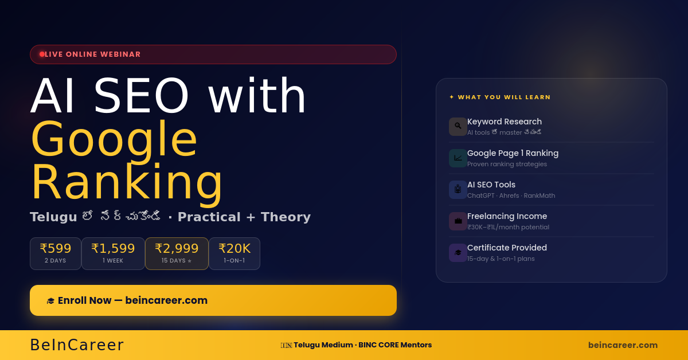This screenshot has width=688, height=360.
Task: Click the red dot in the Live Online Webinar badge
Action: click(x=42, y=54)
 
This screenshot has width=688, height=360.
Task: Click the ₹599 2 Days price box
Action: click(x=56, y=253)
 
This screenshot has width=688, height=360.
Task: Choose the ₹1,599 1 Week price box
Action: click(x=113, y=253)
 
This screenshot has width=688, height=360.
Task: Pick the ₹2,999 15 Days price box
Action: click(x=177, y=253)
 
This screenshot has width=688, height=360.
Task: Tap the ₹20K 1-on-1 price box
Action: click(x=234, y=253)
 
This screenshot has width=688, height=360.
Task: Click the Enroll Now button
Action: click(x=213, y=300)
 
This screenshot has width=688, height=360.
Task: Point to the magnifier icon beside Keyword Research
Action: click(x=458, y=126)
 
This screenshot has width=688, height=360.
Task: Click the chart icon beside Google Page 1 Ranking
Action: click(x=458, y=158)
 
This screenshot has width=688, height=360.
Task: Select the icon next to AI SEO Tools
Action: click(x=458, y=189)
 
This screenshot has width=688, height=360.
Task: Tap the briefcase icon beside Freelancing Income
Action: click(x=458, y=221)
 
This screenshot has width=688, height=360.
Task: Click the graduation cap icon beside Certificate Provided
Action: click(x=458, y=252)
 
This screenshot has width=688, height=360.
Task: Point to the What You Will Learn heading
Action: click(x=504, y=97)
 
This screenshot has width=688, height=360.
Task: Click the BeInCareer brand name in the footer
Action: click(x=77, y=345)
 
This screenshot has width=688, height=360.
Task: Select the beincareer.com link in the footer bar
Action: click(x=623, y=345)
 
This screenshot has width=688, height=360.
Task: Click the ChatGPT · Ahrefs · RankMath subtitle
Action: click(x=511, y=195)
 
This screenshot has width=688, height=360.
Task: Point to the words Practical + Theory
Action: click(x=244, y=217)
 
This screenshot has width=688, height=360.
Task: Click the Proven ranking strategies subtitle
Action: click(x=507, y=164)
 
